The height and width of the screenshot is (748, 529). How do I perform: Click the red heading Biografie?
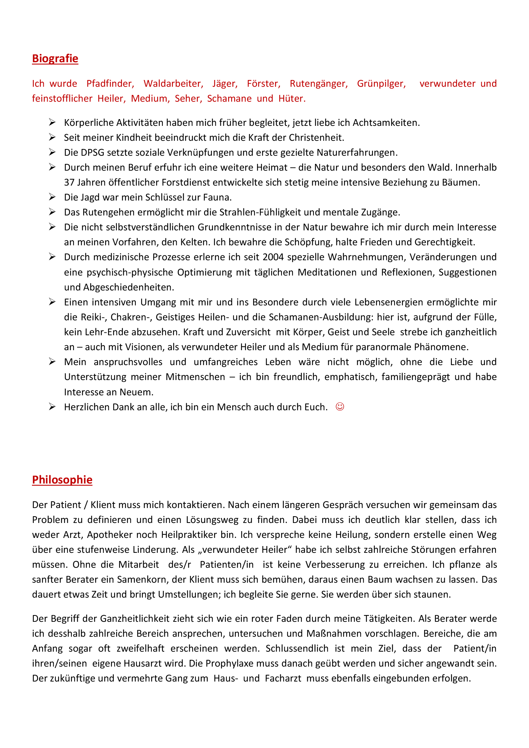pos(55,58)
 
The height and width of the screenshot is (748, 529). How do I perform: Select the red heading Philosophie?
pos(62,480)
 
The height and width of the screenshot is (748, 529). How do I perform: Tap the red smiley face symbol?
pos(340,407)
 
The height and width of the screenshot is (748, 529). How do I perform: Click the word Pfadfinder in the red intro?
pos(110,84)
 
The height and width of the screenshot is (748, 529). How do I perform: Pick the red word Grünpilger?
pos(381,84)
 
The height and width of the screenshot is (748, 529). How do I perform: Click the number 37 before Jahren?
pos(69,182)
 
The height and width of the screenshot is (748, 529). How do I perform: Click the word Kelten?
pos(196,242)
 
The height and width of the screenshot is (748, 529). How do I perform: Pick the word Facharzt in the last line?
pos(283,678)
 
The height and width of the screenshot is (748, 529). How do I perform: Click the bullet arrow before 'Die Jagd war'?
pos(52,197)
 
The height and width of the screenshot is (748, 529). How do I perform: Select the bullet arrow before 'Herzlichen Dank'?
pos(52,407)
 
